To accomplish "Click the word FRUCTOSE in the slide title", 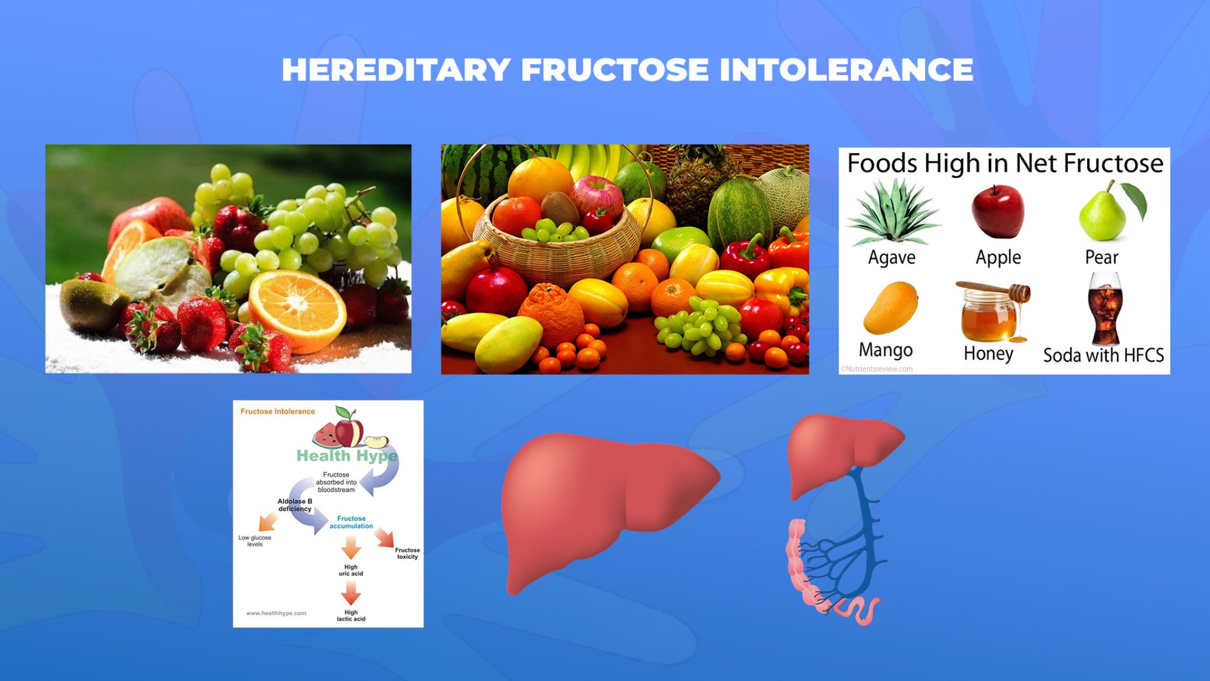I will pyautogui.click(x=614, y=70).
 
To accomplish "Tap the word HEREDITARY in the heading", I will pyautogui.click(x=396, y=70).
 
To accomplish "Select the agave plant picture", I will pyautogui.click(x=893, y=213).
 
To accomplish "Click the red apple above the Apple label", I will pyautogui.click(x=998, y=212).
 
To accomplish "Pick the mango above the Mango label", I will pyautogui.click(x=890, y=307).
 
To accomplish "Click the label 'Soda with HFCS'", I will pyautogui.click(x=1103, y=355).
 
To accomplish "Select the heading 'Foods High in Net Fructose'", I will pyautogui.click(x=1005, y=163).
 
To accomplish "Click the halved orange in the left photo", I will pyautogui.click(x=297, y=310).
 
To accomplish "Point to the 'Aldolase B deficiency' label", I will pyautogui.click(x=295, y=505).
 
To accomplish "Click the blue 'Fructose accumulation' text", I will pyautogui.click(x=351, y=522).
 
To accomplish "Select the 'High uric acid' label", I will pyautogui.click(x=351, y=570).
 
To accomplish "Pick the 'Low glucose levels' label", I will pyautogui.click(x=255, y=541).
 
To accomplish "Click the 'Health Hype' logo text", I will pyautogui.click(x=347, y=456).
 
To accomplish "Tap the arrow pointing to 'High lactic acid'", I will pyautogui.click(x=351, y=593).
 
